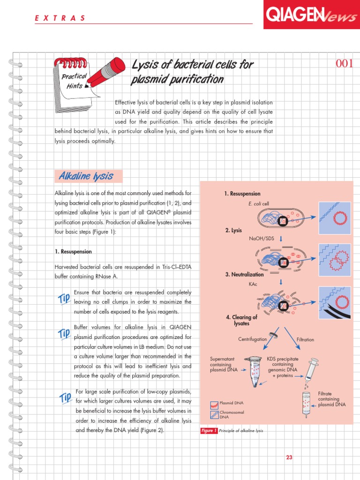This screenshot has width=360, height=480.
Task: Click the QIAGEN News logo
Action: [x=311, y=15]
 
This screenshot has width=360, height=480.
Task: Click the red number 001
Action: [x=344, y=64]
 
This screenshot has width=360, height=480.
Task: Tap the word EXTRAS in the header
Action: [x=60, y=18]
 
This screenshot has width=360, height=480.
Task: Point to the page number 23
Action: [x=289, y=457]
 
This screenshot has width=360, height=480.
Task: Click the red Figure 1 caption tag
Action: [x=209, y=431]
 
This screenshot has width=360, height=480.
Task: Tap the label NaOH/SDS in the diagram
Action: [x=262, y=239]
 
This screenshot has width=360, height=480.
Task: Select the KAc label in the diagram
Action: [x=254, y=284]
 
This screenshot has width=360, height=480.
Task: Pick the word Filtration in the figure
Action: [x=305, y=339]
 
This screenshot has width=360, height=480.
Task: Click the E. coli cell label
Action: [x=259, y=203]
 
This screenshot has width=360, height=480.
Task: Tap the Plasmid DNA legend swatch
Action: [x=214, y=403]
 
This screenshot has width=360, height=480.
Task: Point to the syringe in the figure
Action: [x=310, y=371]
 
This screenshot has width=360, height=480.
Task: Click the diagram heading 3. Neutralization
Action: [x=245, y=275]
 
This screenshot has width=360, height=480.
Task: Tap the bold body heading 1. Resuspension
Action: [x=73, y=252]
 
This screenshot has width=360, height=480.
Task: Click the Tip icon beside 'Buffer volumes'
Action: [x=64, y=334]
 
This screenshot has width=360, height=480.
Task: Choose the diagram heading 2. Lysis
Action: [x=233, y=231]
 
